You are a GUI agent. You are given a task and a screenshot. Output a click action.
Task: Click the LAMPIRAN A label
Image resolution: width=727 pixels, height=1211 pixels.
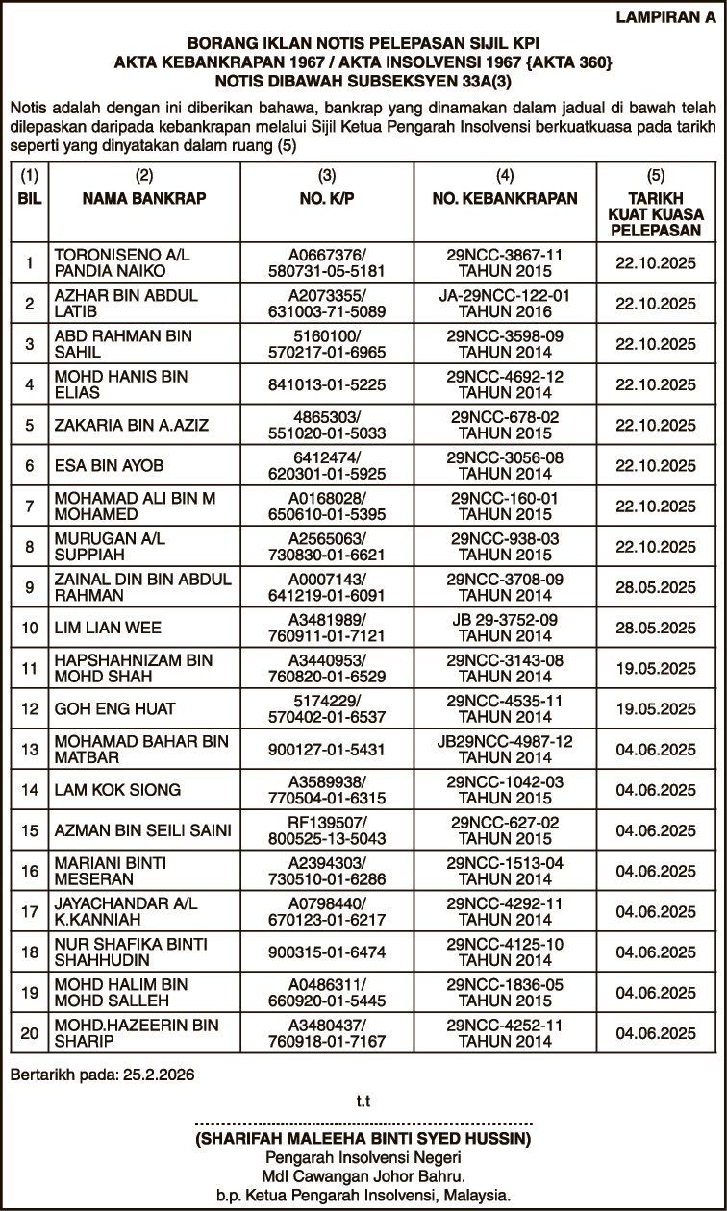pyautogui.click(x=664, y=16)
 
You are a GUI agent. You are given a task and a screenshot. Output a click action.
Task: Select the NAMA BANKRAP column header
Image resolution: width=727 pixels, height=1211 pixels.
pyautogui.click(x=144, y=199)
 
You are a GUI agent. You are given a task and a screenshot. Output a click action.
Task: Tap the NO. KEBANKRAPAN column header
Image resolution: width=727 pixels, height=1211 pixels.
pyautogui.click(x=505, y=199)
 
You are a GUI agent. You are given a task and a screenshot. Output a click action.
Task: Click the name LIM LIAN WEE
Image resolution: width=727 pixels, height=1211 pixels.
pyautogui.click(x=108, y=628)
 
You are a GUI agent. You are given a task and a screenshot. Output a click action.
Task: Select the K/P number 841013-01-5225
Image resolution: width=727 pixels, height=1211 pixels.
pyautogui.click(x=327, y=384)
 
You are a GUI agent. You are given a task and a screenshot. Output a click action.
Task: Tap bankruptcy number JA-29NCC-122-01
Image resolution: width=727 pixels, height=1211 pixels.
pyautogui.click(x=505, y=295)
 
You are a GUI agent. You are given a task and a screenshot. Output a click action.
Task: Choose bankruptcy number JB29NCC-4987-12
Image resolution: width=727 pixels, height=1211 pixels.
pyautogui.click(x=505, y=741)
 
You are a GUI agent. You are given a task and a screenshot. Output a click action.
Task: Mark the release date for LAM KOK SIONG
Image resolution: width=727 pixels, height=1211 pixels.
pyautogui.click(x=655, y=789)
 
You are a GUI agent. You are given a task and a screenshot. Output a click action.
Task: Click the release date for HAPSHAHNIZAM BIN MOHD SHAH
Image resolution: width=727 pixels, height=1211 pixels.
pyautogui.click(x=655, y=668)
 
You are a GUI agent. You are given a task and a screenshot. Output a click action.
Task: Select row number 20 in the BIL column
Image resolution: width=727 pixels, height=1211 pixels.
pyautogui.click(x=30, y=1033)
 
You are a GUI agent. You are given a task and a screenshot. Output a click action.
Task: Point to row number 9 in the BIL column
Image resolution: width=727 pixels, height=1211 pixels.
pyautogui.click(x=30, y=587)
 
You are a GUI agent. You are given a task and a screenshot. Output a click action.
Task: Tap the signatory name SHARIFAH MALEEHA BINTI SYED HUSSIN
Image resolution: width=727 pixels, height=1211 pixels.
pyautogui.click(x=363, y=1139)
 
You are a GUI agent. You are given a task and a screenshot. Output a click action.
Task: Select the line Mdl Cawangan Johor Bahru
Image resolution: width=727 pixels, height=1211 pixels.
pyautogui.click(x=363, y=1176)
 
